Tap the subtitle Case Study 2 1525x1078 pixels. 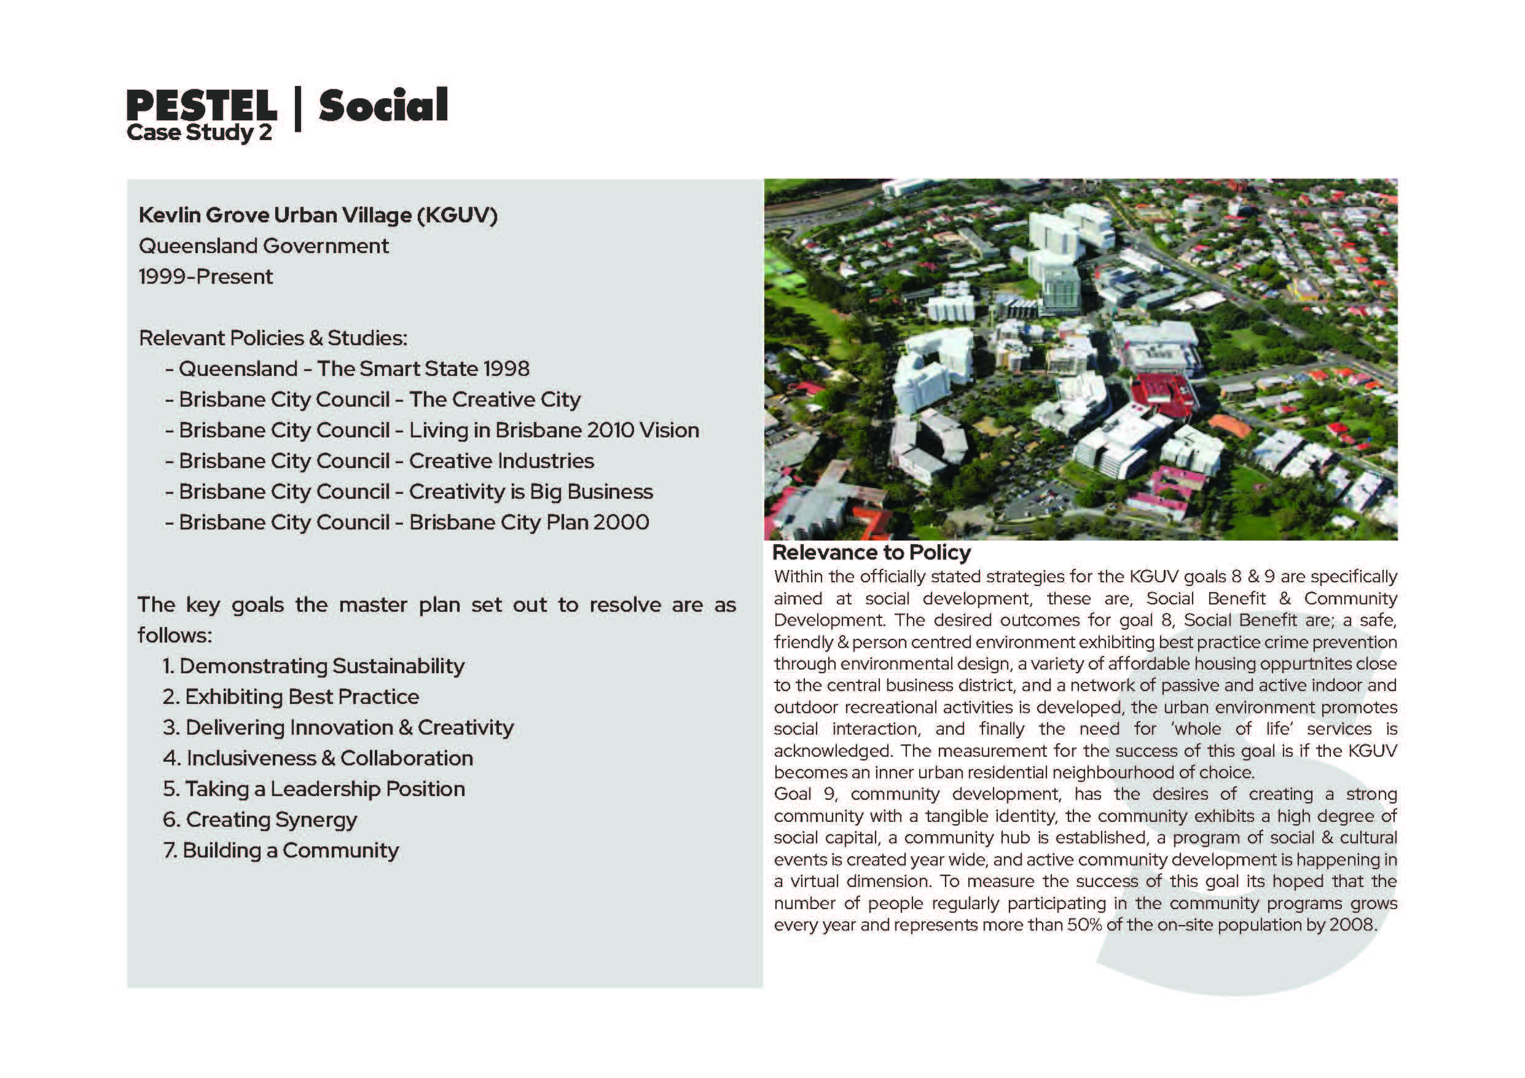tap(199, 133)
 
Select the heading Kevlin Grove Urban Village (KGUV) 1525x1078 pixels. tap(318, 215)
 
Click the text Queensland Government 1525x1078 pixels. tap(264, 246)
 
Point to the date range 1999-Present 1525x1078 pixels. tap(205, 277)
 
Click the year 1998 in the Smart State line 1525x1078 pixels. tap(506, 369)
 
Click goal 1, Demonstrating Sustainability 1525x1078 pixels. tap(313, 666)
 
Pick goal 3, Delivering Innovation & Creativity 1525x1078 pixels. tap(338, 727)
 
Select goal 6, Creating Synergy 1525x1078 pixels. tap(260, 819)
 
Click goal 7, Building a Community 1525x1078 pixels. tap(281, 851)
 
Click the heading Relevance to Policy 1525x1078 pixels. tap(871, 553)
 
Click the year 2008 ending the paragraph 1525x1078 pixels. tap(1352, 924)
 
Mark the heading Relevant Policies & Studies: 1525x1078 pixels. tap(273, 338)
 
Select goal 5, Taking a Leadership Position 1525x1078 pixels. tap(313, 789)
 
